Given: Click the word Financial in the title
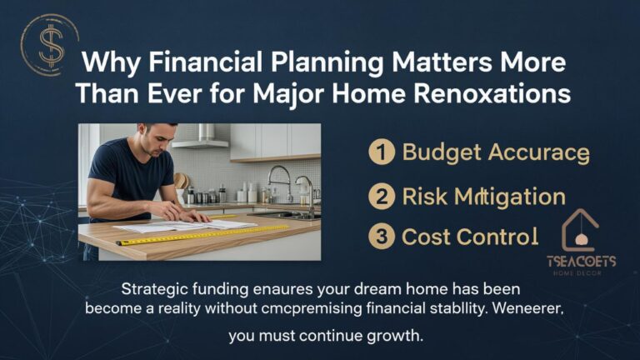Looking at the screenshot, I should (x=186, y=64).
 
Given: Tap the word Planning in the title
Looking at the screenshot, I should (x=312, y=64).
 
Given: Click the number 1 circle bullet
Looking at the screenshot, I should (x=382, y=152).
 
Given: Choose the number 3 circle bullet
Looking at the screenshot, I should (x=382, y=237).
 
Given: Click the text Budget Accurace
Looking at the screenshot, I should (x=496, y=152).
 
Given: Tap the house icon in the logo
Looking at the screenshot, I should (x=580, y=230).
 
